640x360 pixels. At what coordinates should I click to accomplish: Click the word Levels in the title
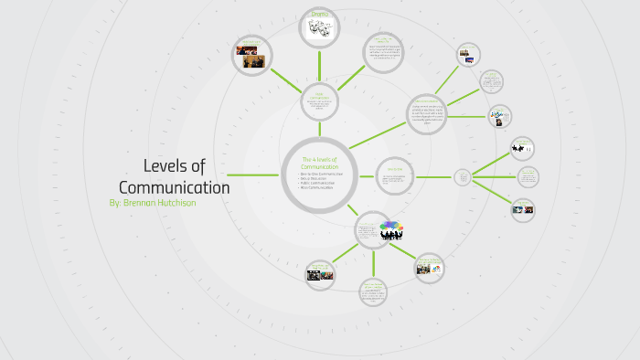(164, 165)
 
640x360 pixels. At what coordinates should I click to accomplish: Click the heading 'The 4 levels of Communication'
(319, 163)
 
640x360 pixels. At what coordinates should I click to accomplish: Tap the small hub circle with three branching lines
(463, 176)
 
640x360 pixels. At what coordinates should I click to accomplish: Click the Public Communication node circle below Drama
(320, 103)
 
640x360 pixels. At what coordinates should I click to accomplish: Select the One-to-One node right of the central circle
(395, 176)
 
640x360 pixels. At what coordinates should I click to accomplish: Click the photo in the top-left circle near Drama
(251, 57)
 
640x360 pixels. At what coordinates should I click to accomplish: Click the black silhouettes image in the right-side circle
(498, 116)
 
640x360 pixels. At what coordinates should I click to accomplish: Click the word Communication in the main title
(174, 186)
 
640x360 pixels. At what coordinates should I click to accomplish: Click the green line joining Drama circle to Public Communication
(320, 67)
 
